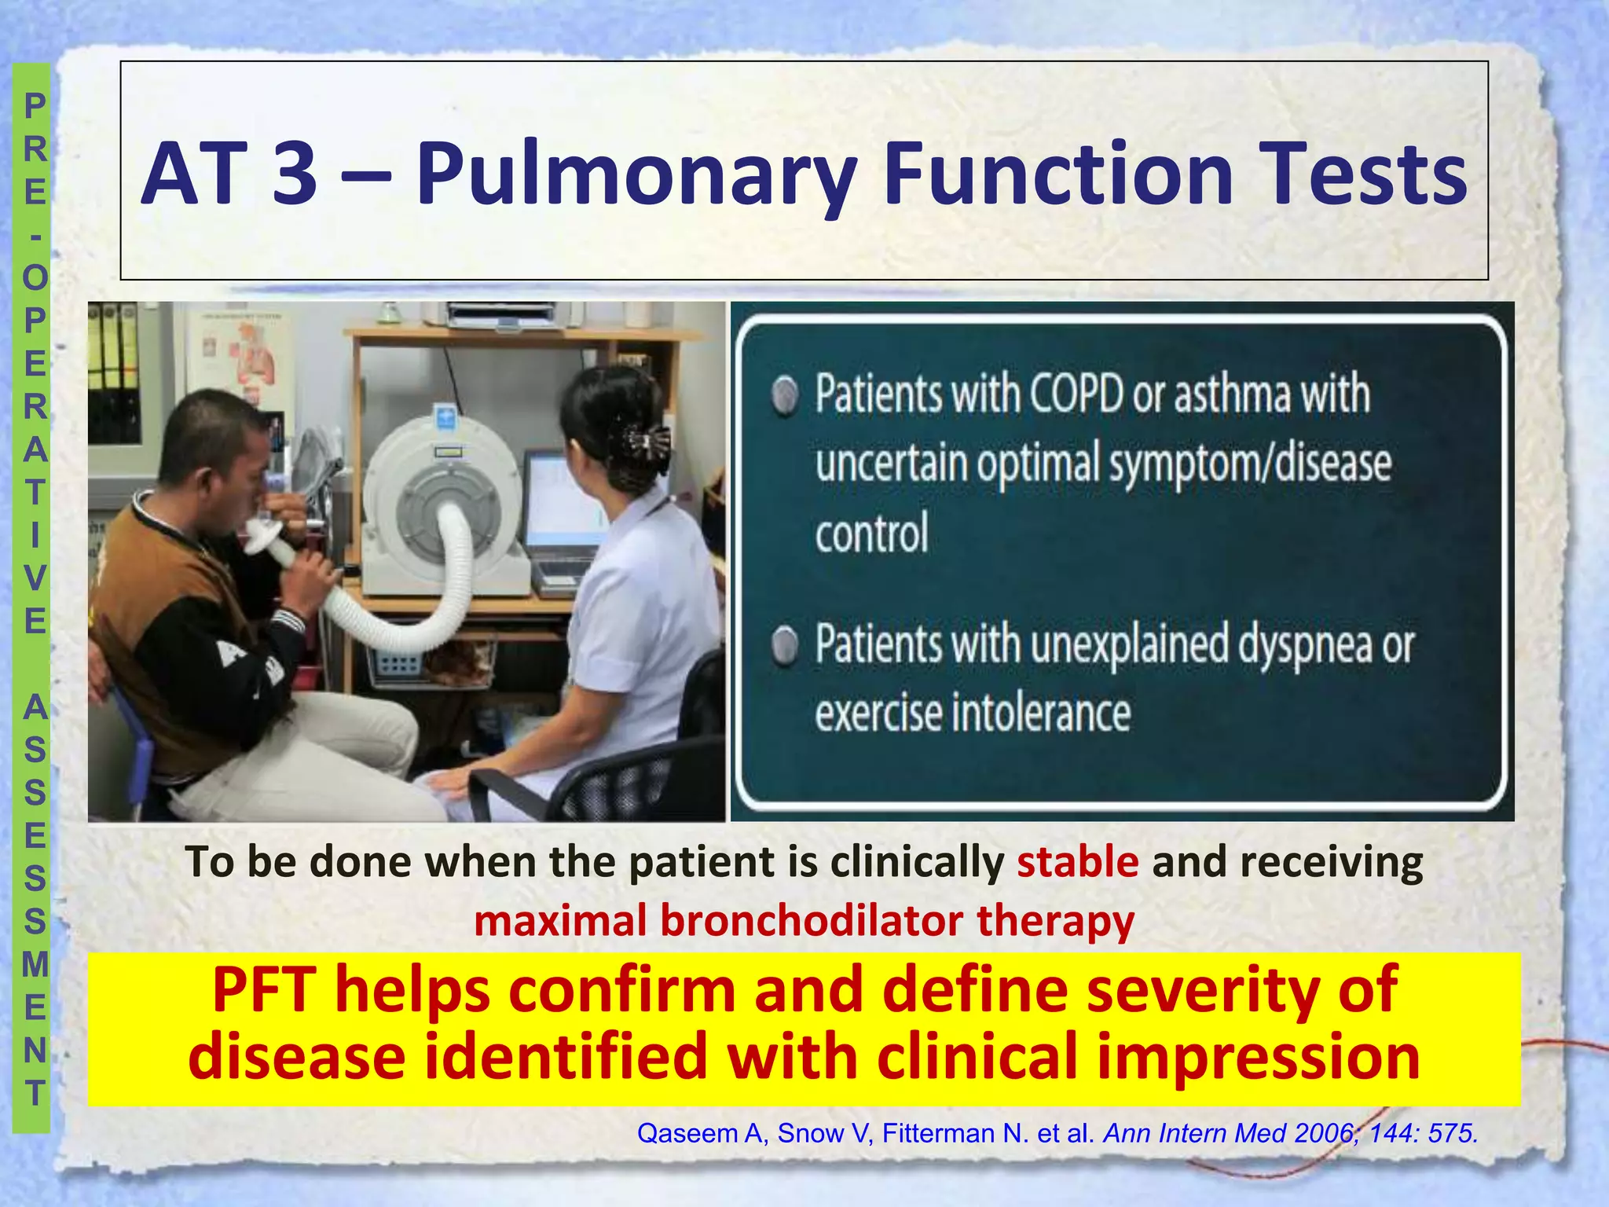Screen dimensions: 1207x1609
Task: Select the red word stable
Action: pos(1077,862)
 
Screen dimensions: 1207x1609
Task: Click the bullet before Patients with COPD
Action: pos(784,395)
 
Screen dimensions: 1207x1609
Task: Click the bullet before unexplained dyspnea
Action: pos(784,646)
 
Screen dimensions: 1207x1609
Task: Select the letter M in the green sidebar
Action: pos(35,963)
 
